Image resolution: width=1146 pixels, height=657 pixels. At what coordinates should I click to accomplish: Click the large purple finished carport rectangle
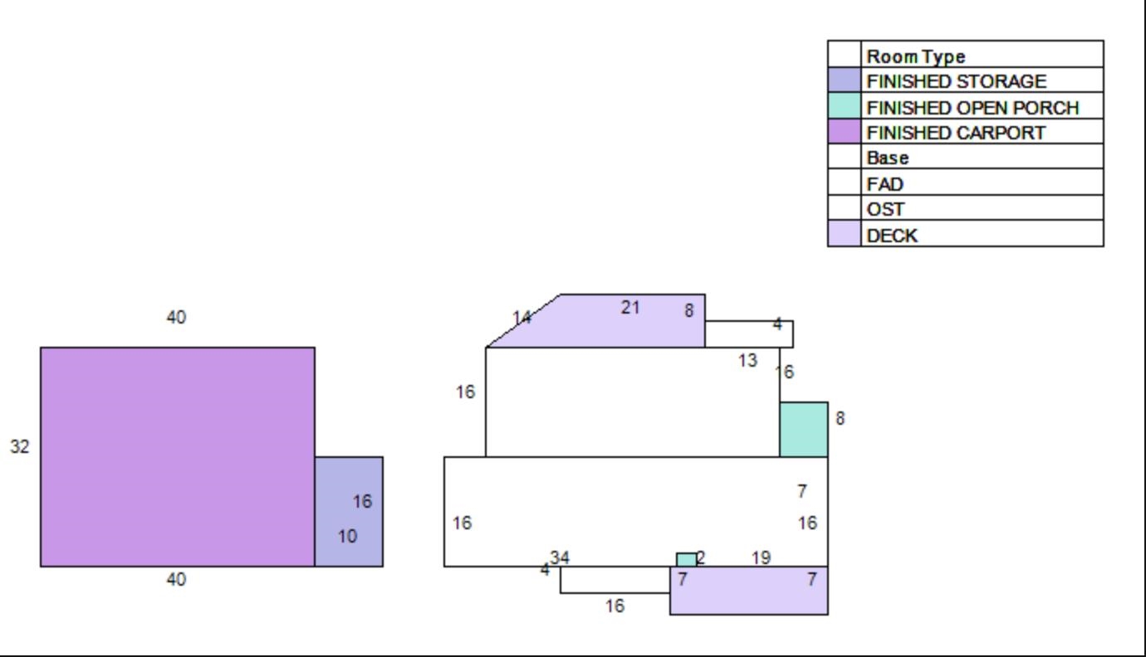coord(178,457)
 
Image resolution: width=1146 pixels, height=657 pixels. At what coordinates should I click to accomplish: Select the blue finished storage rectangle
coord(349,512)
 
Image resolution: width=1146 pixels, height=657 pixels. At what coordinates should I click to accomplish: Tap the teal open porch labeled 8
coord(804,430)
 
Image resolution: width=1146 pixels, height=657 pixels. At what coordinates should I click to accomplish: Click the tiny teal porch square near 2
coord(687,560)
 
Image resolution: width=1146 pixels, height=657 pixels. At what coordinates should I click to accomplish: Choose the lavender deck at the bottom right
coord(749,591)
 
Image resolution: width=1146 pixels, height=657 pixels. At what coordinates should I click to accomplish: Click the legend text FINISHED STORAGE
coord(956,81)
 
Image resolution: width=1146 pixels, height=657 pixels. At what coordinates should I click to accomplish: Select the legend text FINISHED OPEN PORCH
coord(972,108)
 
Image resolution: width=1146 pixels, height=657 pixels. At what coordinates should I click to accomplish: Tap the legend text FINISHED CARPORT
coord(956,133)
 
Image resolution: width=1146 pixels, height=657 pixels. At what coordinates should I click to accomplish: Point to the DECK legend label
coord(892,236)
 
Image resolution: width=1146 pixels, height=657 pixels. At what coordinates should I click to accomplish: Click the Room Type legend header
coord(916,56)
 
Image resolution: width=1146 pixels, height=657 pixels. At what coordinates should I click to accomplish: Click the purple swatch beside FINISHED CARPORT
coord(845,131)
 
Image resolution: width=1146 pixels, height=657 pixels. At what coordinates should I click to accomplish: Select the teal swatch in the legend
coord(845,105)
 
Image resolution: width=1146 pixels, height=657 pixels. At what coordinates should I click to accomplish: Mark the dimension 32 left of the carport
coord(20,446)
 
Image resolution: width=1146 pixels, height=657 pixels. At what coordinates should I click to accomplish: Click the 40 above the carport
coord(176,317)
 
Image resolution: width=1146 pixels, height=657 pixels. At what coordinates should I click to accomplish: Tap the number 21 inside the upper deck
coord(630,308)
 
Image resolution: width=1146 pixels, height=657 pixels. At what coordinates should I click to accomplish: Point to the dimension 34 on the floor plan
coord(560,557)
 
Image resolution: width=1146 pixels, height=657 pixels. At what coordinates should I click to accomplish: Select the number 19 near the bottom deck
coord(762,557)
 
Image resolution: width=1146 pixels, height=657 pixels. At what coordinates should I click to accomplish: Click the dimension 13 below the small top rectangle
coord(748,361)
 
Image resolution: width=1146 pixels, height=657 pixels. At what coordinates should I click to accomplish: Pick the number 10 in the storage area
coord(347,536)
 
